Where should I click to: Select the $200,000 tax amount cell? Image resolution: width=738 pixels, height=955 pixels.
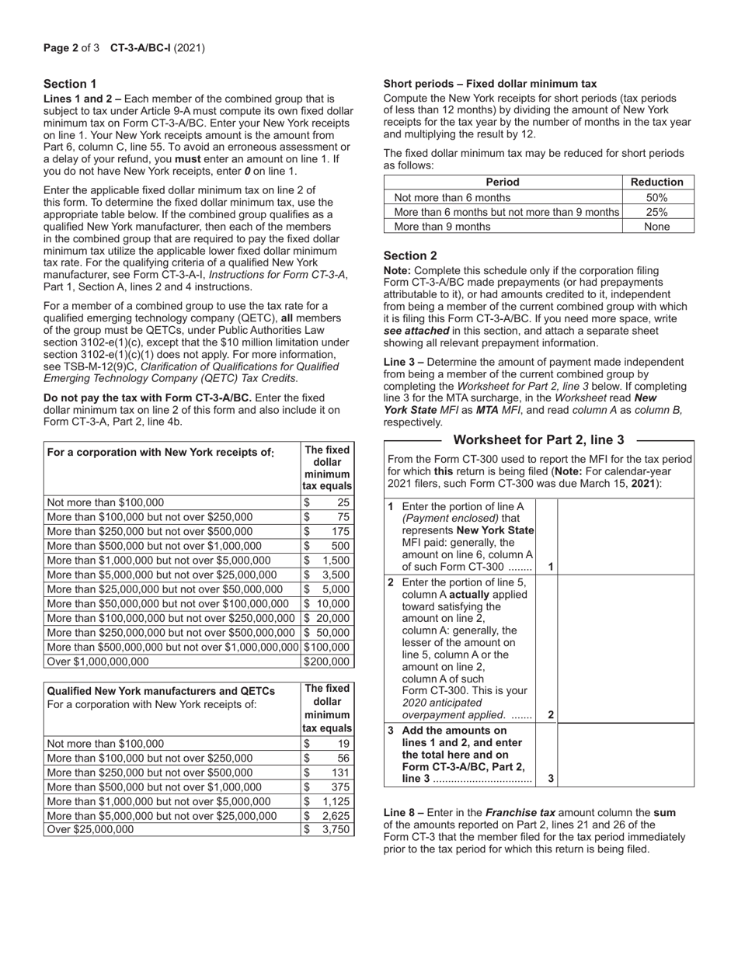click(x=327, y=662)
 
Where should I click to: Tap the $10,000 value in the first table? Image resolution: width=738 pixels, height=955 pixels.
click(x=327, y=603)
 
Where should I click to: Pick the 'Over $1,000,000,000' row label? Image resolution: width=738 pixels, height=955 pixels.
click(x=98, y=662)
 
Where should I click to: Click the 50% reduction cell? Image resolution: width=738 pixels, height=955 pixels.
click(x=657, y=197)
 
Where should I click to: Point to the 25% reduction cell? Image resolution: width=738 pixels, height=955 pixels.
click(x=657, y=212)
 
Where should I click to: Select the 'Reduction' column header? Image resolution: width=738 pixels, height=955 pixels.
click(x=657, y=182)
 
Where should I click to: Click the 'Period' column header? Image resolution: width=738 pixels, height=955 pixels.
click(x=503, y=182)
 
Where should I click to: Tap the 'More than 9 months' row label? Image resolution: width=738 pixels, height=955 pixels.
click(x=443, y=227)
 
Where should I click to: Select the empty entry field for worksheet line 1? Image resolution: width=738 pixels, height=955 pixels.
click(x=625, y=537)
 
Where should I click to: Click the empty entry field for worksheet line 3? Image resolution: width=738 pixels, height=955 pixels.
click(x=625, y=755)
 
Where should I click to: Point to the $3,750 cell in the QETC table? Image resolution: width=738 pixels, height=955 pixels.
click(x=327, y=829)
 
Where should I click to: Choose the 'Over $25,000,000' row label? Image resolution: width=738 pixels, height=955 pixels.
click(x=90, y=829)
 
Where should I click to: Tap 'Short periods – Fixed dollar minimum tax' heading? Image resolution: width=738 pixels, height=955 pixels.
click(x=490, y=84)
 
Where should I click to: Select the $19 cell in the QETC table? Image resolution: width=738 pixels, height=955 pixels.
click(x=327, y=743)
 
